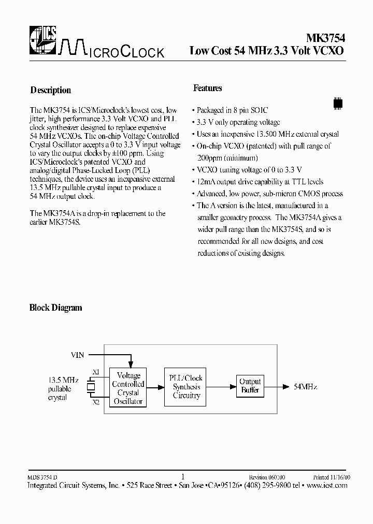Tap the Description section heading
click(x=50, y=90)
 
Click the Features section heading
click(x=207, y=89)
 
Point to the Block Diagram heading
click(x=55, y=308)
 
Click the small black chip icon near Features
click(x=338, y=103)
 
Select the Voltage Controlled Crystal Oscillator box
click(x=128, y=388)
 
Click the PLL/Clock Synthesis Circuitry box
click(x=185, y=387)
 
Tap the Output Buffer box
click(x=250, y=386)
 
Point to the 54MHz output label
click(x=305, y=387)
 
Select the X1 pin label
click(x=96, y=372)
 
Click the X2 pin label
click(x=96, y=402)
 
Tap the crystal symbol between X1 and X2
click(x=91, y=387)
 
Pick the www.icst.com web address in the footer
click(x=327, y=485)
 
